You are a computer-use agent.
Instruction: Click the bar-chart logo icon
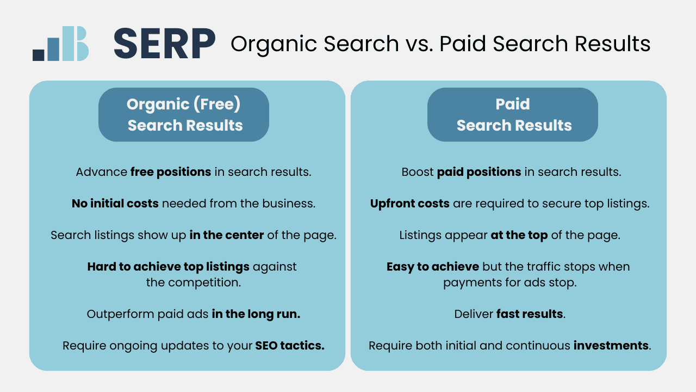pos(60,44)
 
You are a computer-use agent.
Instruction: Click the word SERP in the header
pos(164,44)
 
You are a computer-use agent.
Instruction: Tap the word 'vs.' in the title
pos(419,44)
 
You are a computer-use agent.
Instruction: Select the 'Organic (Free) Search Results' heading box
pos(184,114)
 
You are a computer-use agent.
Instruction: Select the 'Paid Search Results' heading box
pos(513,114)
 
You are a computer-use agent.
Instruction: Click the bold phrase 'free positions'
pos(171,172)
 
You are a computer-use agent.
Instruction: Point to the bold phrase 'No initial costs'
pos(115,204)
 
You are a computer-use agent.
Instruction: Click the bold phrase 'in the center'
pos(227,235)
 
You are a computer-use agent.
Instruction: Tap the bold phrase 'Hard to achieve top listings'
pos(169,267)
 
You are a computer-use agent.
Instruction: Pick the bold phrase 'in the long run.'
pos(256,314)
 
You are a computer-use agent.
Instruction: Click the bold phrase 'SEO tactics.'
pos(290,346)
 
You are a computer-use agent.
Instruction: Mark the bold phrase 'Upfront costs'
pos(410,204)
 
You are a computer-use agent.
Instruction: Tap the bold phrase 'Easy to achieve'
pos(433,267)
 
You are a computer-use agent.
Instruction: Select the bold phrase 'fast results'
pos(530,314)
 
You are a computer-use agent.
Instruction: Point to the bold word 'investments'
pos(611,346)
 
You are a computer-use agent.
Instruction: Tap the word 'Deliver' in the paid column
pos(473,314)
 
